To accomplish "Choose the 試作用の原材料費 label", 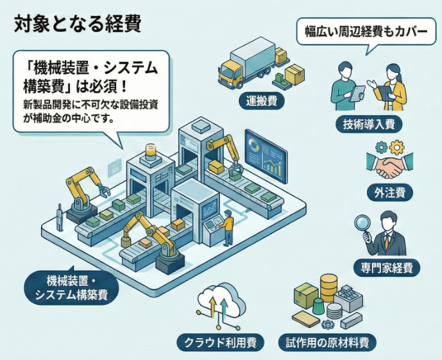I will (327, 342).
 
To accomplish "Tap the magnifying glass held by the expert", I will (362, 225).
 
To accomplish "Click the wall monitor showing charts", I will (266, 155).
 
